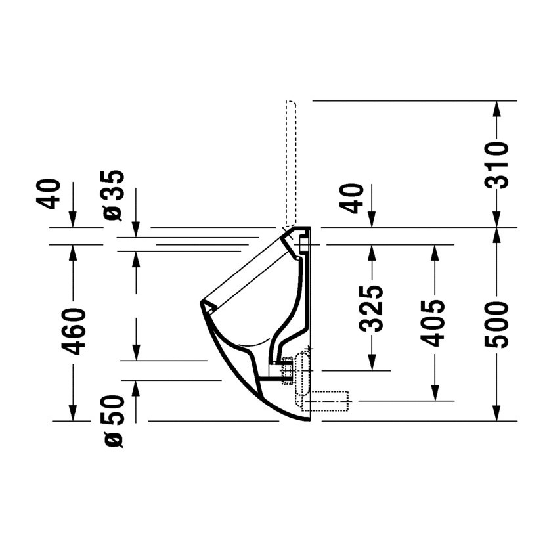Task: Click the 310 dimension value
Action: coord(499,165)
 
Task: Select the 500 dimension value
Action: coord(499,324)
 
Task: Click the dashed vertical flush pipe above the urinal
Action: coord(290,164)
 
